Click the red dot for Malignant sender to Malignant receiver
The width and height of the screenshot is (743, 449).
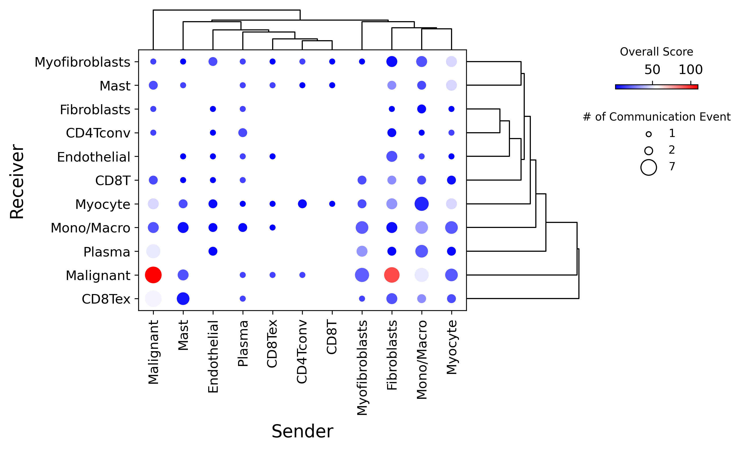153,275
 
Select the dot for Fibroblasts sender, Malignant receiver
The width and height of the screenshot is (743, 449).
392,275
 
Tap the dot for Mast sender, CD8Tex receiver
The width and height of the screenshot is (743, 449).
183,299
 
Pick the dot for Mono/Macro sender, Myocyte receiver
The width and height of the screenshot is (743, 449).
421,204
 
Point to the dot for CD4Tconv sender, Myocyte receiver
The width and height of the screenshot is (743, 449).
302,204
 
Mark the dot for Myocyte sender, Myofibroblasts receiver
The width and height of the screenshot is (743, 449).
451,62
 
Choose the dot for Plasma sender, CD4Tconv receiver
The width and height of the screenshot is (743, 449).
243,132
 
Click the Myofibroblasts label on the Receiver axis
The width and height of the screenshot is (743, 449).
82,62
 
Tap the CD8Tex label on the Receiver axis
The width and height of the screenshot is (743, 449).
106,299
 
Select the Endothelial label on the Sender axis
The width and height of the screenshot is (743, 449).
213,356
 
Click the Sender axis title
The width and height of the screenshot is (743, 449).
302,431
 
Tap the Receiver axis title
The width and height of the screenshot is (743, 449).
17,181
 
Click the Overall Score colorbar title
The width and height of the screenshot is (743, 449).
656,52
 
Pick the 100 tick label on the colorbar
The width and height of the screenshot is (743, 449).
690,70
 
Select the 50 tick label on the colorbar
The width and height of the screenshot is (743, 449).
652,70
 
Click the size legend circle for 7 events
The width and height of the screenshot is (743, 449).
649,167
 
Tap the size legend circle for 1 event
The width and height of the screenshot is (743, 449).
649,134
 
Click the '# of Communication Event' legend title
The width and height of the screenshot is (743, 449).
656,117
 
